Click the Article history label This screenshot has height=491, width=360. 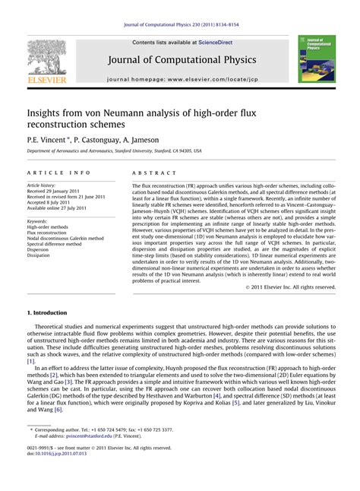(43, 185)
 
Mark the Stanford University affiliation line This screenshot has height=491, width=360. (115, 151)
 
